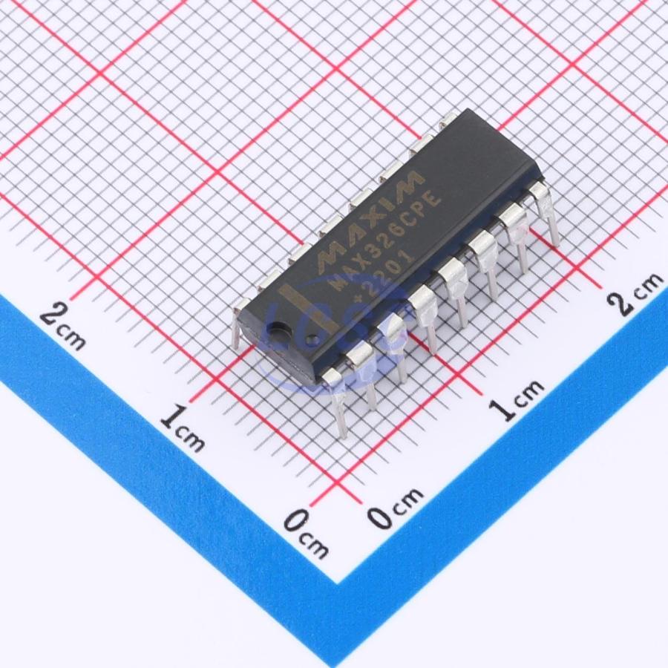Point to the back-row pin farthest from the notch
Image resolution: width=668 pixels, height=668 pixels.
(x=448, y=119)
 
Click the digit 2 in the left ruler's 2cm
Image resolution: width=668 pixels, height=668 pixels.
(x=52, y=317)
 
